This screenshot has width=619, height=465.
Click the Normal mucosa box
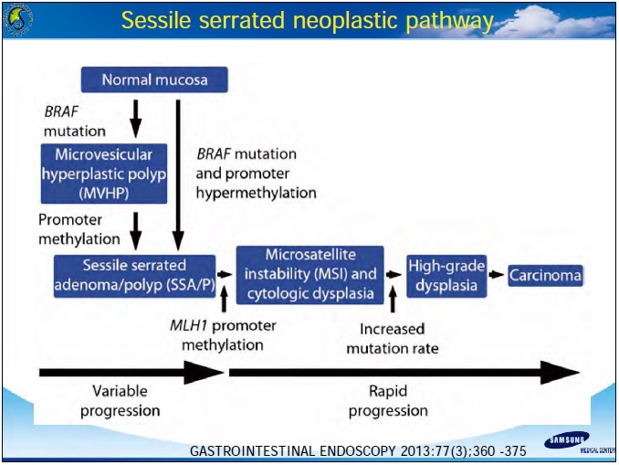[154, 79]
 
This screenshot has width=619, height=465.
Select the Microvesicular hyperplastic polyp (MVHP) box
[104, 174]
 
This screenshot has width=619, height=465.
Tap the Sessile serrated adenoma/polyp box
[134, 275]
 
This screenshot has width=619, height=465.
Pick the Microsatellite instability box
[309, 275]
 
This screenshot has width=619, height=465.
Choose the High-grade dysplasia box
[446, 276]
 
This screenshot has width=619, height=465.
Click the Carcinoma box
[545, 275]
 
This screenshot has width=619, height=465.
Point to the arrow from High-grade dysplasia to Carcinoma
[497, 275]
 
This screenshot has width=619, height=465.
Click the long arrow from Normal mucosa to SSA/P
[178, 175]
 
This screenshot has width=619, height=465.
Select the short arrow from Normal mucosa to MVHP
[136, 119]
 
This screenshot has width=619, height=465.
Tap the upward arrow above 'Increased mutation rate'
[393, 300]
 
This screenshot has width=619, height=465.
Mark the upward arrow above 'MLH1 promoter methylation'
[224, 300]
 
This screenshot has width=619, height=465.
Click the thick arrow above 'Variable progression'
[131, 372]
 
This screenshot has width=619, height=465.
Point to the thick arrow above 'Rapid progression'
[404, 372]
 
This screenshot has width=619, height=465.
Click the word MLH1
[189, 325]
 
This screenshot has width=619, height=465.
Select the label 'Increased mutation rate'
[393, 339]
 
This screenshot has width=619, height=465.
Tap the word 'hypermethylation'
[257, 193]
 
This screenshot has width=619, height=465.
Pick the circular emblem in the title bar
[17, 19]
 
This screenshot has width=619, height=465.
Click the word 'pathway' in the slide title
[450, 20]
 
